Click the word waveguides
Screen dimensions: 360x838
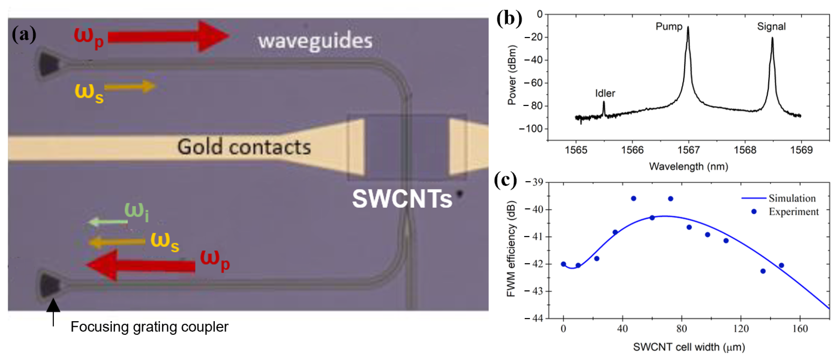315,41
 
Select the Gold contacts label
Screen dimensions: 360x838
244,147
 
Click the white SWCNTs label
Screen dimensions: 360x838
402,199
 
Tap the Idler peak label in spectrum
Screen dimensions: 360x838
605,93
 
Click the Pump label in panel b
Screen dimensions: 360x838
668,26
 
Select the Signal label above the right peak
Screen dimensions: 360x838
771,26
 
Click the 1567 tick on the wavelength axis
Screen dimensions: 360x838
688,150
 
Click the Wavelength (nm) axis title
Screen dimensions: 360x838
688,167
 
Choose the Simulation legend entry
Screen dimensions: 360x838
792,198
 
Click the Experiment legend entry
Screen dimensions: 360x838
793,212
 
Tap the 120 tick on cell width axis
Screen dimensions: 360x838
741,329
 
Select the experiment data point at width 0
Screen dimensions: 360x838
563,264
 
